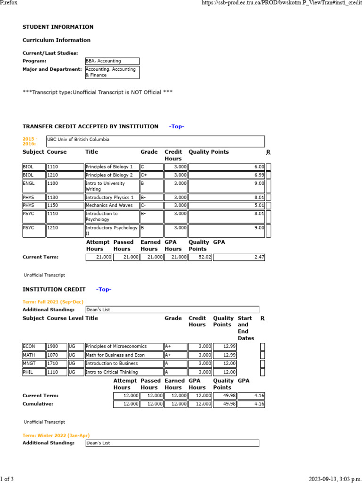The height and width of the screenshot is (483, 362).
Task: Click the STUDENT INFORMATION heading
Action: pos(58,27)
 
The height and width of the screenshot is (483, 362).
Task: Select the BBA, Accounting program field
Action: pos(112,61)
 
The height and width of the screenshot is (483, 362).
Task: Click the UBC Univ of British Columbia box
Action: pos(155,142)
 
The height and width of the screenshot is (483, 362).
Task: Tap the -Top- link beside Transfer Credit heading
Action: pos(177,126)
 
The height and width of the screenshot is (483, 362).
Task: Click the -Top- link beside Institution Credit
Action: pos(104,289)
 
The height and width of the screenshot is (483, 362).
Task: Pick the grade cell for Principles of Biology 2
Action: pos(151,175)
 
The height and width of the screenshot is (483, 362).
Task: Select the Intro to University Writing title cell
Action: pos(112,186)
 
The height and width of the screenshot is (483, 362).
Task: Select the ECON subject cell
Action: pos(34,346)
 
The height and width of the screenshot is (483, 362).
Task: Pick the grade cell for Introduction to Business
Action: pos(175,364)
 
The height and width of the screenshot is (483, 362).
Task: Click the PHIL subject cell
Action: pos(34,373)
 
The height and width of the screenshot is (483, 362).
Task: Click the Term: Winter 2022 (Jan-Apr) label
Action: pos(56,435)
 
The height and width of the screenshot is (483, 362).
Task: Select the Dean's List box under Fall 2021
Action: pos(172,309)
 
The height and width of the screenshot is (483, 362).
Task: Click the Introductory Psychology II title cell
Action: pos(112,231)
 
